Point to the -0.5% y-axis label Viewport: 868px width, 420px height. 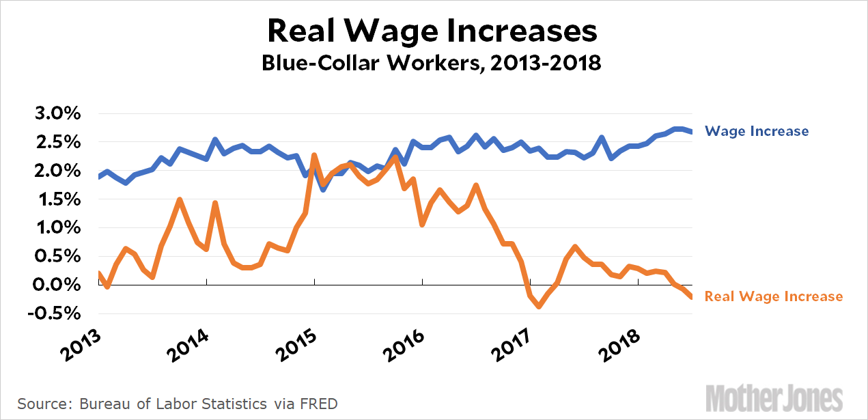[53, 313]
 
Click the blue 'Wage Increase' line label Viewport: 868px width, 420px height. [756, 131]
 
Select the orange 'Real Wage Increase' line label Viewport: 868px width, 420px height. [773, 296]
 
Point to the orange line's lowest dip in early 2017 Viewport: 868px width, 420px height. [540, 307]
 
